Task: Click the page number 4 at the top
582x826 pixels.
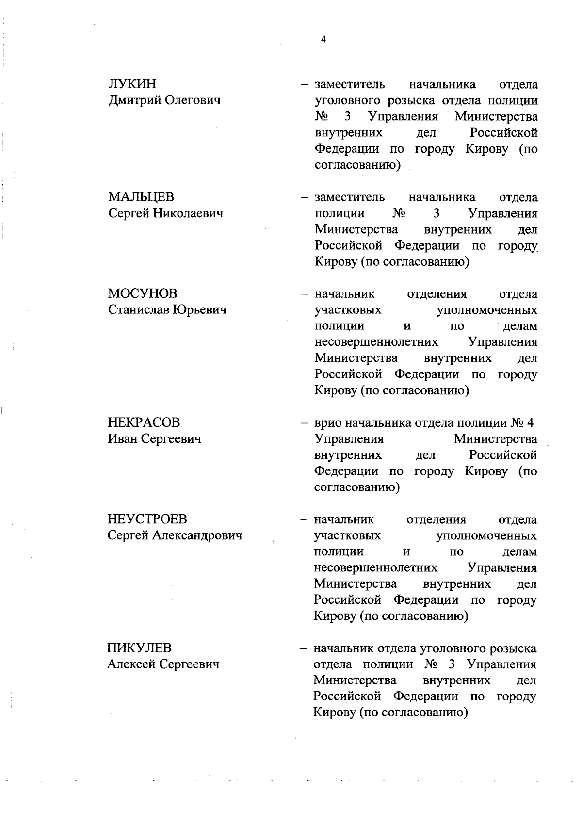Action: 323,40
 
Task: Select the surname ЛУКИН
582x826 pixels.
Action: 132,84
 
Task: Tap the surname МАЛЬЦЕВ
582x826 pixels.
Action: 141,197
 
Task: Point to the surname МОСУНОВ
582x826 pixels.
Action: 142,294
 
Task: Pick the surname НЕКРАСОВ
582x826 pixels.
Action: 143,422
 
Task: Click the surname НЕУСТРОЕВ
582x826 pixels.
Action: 146,519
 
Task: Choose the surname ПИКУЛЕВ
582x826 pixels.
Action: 139,648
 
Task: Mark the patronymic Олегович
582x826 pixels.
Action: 192,101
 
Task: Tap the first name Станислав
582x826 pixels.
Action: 138,310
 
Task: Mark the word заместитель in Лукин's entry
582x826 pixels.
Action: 350,85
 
